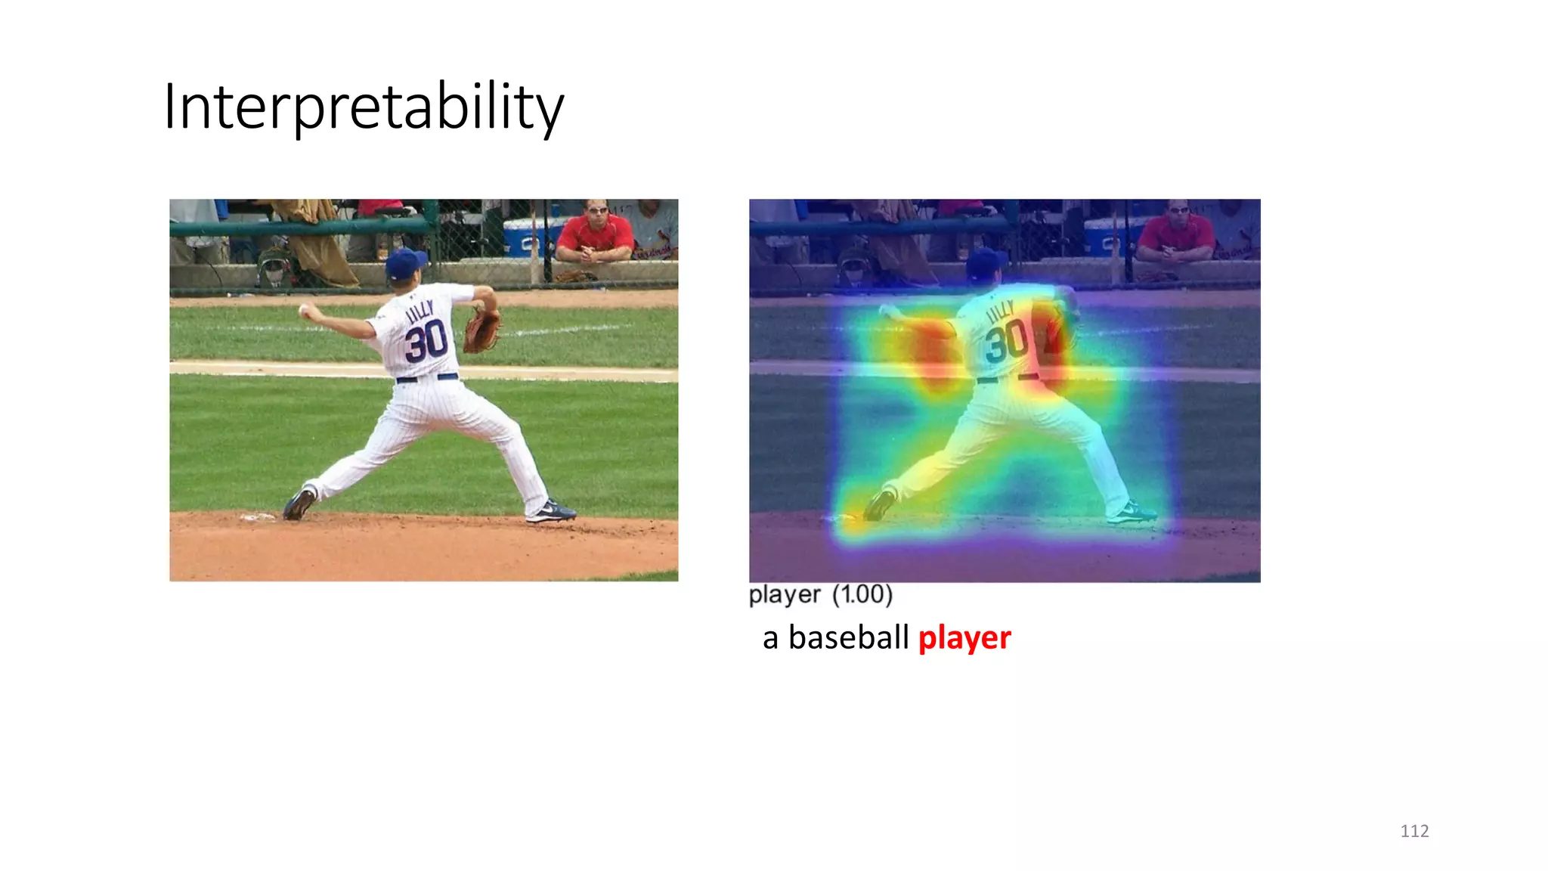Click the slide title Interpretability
coord(364,107)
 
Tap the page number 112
coord(1414,831)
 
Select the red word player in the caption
coord(964,638)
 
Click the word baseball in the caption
coord(848,637)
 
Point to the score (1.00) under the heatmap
coord(862,594)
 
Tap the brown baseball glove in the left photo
coord(481,330)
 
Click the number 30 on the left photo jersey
coord(426,341)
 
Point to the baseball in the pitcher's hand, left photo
coord(304,310)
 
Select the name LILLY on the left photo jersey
coord(420,311)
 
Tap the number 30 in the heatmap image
coord(1006,341)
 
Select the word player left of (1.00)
coord(784,595)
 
